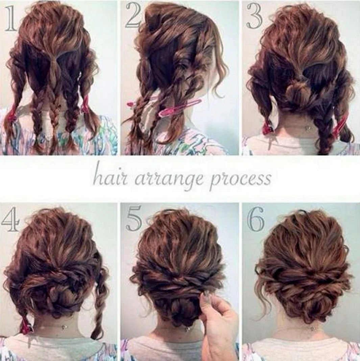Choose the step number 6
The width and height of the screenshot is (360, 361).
click(x=255, y=220)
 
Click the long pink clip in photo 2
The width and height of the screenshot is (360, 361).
click(x=180, y=107)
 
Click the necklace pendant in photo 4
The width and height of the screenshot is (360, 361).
click(x=67, y=326)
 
